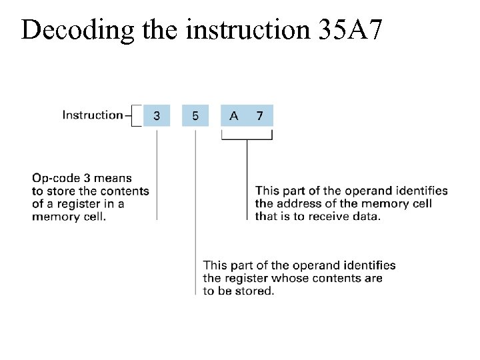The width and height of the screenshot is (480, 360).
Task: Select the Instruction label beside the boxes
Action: point(93,115)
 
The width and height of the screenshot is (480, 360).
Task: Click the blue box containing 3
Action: point(157,115)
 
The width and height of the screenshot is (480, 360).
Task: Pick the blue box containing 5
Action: point(195,115)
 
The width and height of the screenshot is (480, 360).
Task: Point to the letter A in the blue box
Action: point(233,115)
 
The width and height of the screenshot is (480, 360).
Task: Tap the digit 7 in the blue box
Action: point(259,115)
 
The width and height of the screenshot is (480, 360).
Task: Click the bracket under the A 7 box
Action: point(247,138)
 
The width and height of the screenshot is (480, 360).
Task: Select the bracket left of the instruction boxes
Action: point(137,115)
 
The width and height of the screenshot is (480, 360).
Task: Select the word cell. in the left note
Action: point(93,217)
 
